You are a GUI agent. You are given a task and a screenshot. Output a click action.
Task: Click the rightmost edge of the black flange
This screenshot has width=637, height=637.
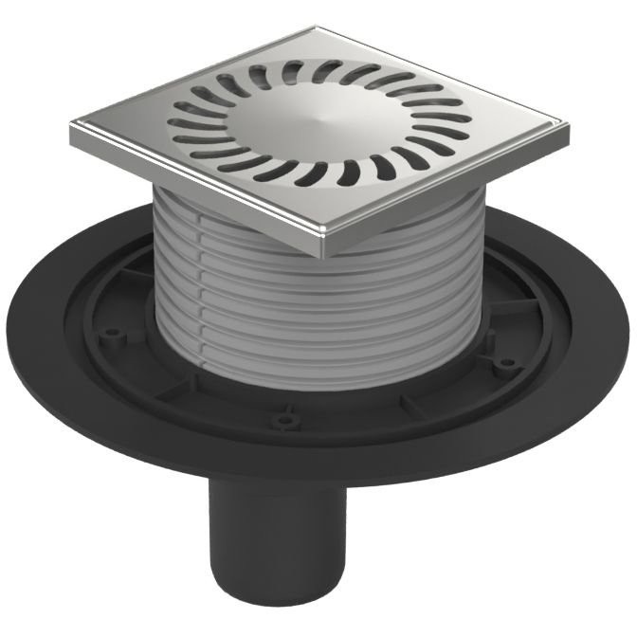point(627,337)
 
